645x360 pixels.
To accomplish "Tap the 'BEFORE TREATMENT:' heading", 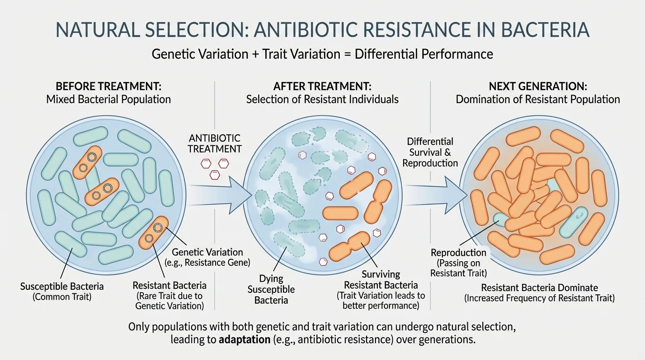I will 108,86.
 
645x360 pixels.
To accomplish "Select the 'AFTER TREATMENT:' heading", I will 322,86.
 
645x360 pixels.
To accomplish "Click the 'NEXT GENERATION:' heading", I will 538,86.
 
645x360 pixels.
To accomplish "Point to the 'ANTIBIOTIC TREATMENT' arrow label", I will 215,143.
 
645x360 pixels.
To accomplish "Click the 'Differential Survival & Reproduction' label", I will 430,152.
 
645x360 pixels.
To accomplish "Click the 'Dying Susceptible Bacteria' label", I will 271,289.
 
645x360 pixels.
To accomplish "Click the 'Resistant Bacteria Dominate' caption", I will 540,288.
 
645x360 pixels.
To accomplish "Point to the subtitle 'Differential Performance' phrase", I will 424,54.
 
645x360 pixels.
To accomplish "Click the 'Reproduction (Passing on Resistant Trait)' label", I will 459,262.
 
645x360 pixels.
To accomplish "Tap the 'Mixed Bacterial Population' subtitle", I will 108,99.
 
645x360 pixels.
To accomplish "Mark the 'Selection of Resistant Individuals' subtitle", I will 322,99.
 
